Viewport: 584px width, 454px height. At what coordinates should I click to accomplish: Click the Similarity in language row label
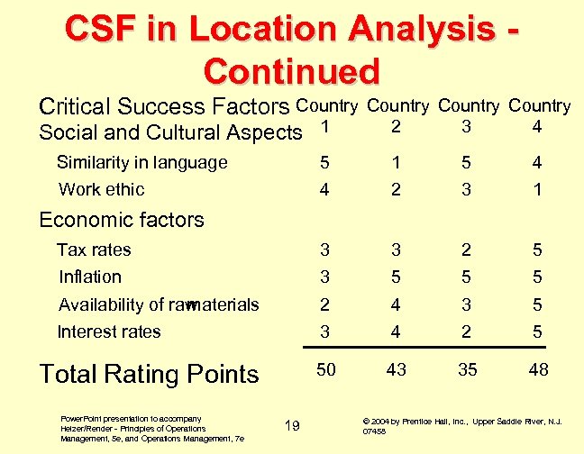141,163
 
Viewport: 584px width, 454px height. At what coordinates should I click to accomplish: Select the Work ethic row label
101,189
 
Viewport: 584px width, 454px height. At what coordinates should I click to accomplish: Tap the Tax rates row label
94,250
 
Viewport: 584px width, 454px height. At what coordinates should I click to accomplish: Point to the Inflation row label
89,277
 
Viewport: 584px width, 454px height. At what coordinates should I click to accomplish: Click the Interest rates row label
109,331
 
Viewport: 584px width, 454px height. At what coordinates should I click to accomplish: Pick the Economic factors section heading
122,220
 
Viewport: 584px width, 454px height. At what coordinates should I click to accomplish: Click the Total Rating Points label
150,374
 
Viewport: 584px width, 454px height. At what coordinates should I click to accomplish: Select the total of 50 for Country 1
325,369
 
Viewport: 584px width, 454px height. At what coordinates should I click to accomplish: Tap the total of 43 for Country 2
396,369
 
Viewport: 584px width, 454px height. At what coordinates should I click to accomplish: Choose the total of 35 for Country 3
467,369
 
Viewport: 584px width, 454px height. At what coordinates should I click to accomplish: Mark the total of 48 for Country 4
538,369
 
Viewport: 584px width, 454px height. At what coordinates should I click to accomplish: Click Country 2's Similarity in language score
396,163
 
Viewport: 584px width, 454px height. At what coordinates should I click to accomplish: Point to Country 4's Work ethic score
538,189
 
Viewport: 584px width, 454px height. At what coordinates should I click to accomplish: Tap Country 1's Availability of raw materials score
324,304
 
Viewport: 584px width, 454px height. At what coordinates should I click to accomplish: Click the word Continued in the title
292,70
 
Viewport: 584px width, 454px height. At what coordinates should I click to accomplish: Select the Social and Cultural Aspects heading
170,132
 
